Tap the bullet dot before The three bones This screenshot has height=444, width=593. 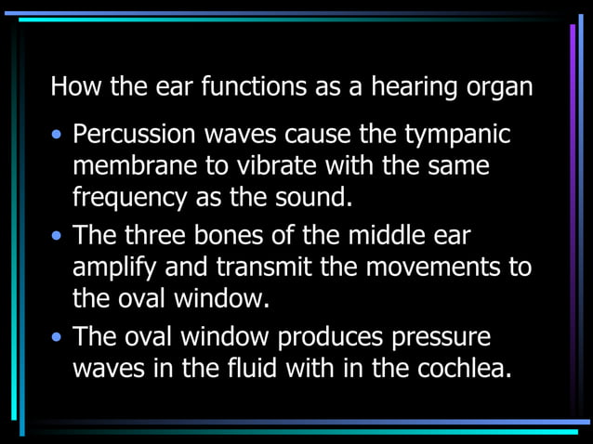[58, 235]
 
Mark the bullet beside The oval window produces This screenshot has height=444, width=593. [58, 335]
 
